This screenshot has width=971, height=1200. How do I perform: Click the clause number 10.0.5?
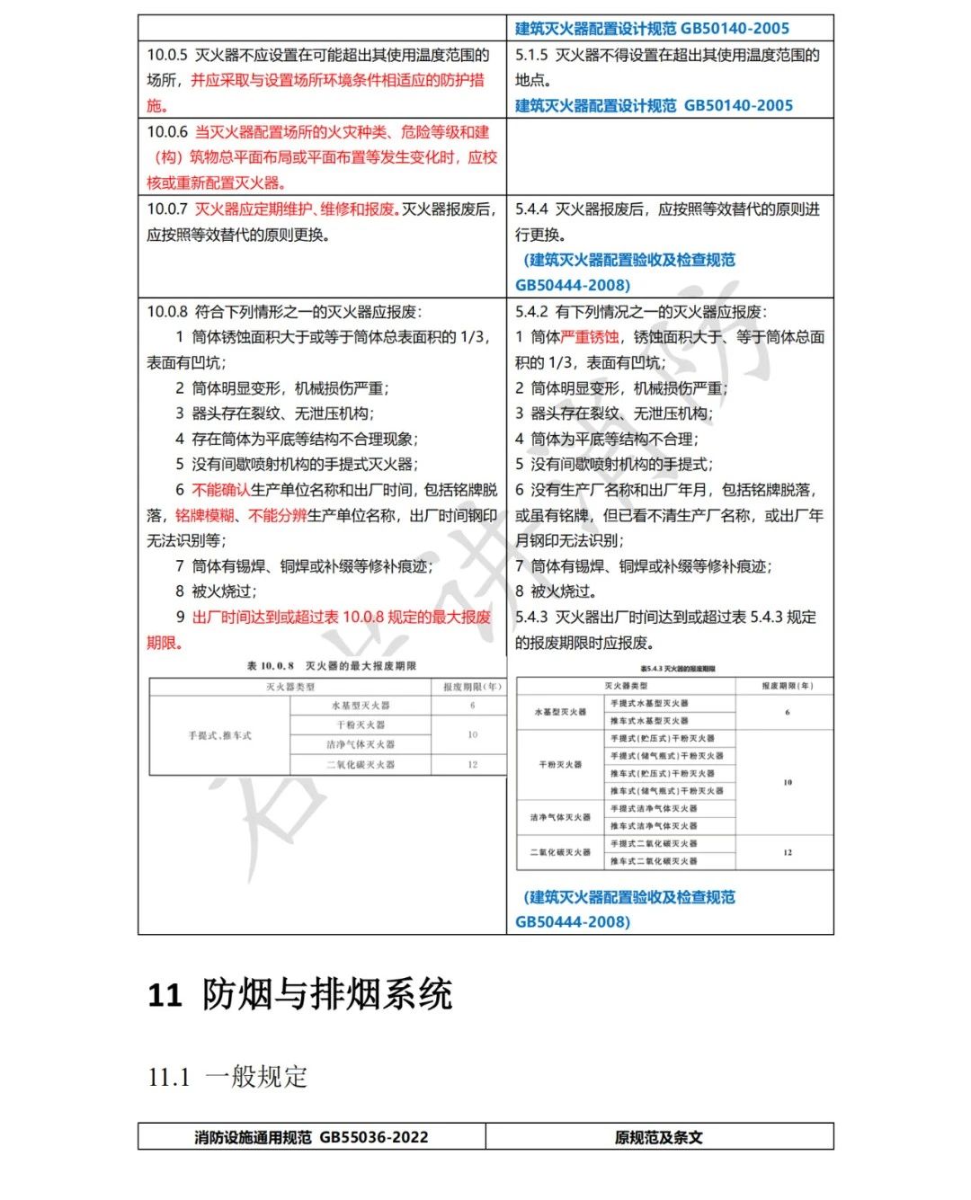[167, 55]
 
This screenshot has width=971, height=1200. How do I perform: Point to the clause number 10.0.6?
[167, 132]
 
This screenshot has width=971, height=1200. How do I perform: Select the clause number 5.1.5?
[530, 55]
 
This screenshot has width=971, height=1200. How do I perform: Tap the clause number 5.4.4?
[530, 209]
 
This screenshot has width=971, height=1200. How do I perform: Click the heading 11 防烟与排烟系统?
[299, 995]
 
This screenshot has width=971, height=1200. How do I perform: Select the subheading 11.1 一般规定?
[227, 1076]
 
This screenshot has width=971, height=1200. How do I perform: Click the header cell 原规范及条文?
[658, 1137]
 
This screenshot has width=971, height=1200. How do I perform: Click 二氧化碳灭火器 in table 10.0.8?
[361, 765]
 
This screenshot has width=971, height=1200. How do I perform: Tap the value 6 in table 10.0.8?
[472, 706]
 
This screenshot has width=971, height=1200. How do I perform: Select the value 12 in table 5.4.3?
[788, 852]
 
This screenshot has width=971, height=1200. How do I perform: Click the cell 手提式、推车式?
[220, 735]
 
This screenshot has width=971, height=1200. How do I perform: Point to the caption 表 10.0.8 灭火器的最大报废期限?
[332, 666]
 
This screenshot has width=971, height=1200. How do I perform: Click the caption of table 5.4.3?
[678, 669]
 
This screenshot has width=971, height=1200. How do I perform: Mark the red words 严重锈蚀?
[590, 337]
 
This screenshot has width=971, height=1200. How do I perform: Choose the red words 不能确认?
[221, 490]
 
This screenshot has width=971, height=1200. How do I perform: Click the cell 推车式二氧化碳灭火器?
[654, 861]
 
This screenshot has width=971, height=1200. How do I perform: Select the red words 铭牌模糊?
[205, 515]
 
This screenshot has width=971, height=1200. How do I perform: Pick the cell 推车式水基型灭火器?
[649, 721]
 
